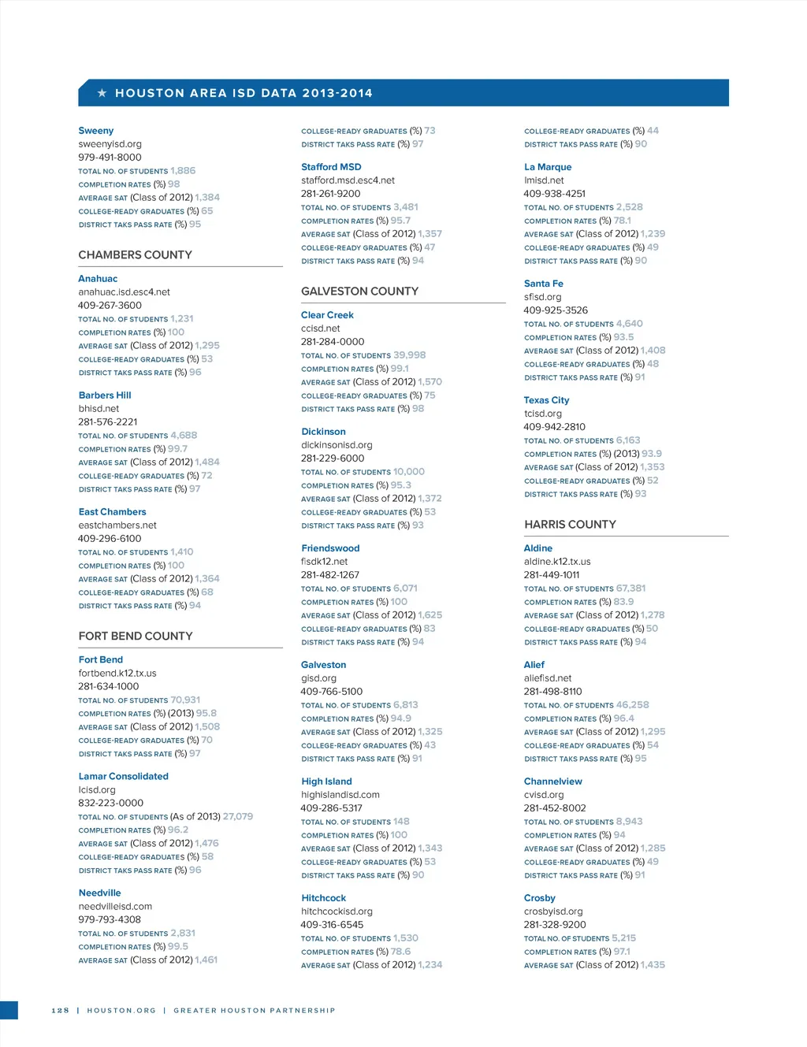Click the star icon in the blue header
[x=102, y=93]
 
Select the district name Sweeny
[x=96, y=131]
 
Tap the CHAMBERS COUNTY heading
[x=135, y=255]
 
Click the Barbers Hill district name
[x=105, y=395]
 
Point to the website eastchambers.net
[x=117, y=525]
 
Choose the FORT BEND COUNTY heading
[x=136, y=637]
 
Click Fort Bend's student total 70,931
[x=186, y=700]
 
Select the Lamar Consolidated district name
[x=124, y=777]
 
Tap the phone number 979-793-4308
[x=110, y=920]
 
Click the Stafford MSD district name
[x=331, y=167]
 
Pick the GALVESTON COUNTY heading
[x=359, y=291]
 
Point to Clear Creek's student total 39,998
[x=410, y=355]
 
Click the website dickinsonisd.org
[x=337, y=445]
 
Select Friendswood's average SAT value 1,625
[x=430, y=615]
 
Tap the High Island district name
[x=326, y=782]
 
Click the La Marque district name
[x=548, y=167]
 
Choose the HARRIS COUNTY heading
[x=570, y=525]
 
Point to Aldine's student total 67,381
[x=630, y=588]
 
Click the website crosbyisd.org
[x=553, y=911]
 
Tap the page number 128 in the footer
[x=61, y=1010]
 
